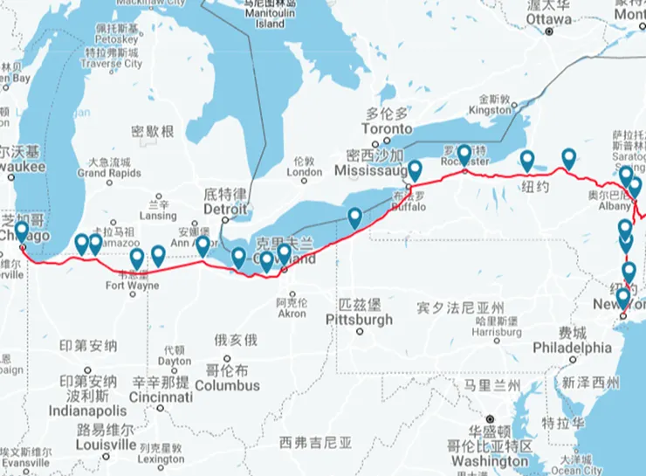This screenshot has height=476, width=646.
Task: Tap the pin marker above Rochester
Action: (x=464, y=155)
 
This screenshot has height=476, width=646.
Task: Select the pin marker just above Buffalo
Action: (x=415, y=170)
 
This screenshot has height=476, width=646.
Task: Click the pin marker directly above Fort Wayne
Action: (x=137, y=259)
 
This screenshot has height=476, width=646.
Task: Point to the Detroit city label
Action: (x=226, y=210)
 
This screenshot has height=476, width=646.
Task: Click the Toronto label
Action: (x=386, y=128)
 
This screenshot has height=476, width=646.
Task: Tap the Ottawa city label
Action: (x=547, y=18)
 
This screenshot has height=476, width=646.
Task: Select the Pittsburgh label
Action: (x=359, y=320)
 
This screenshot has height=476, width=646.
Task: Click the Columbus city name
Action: (x=227, y=385)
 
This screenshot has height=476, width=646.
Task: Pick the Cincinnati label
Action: (x=159, y=397)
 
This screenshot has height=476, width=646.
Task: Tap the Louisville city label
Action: (x=105, y=444)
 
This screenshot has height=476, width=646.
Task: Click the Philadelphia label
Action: (x=572, y=347)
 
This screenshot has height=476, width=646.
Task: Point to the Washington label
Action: (x=490, y=461)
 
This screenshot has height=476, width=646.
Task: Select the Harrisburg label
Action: (x=498, y=332)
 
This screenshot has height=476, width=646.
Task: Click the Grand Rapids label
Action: (x=109, y=173)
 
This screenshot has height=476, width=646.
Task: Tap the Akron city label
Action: (x=291, y=314)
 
